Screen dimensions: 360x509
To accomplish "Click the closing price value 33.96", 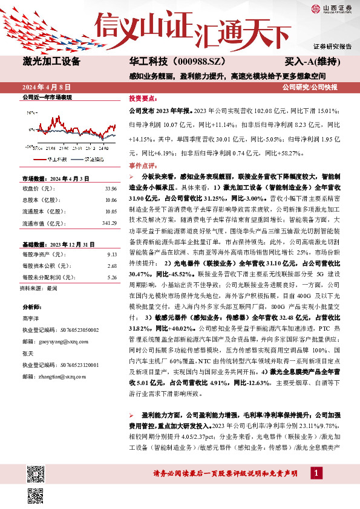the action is (x=110, y=187).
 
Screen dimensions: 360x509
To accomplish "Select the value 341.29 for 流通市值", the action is (x=109, y=223).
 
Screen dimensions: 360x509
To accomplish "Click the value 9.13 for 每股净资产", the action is (x=111, y=254).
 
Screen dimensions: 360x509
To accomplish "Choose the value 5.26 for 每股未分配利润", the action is (x=111, y=277).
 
